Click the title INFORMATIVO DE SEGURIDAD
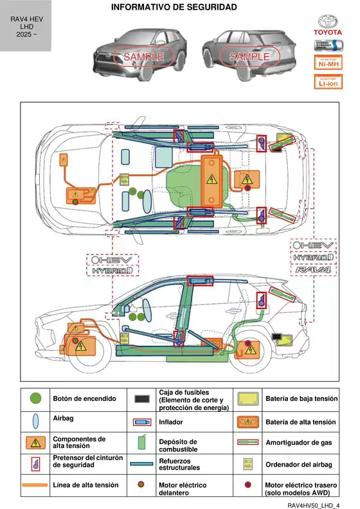174,7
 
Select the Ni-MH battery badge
327,62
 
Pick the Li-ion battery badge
327,82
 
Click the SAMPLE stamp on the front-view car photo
143,57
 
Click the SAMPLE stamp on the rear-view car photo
249,57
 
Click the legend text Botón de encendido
84,399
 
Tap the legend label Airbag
63,418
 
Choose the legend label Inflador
170,422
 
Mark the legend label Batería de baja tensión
301,399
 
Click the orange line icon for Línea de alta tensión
37,485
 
